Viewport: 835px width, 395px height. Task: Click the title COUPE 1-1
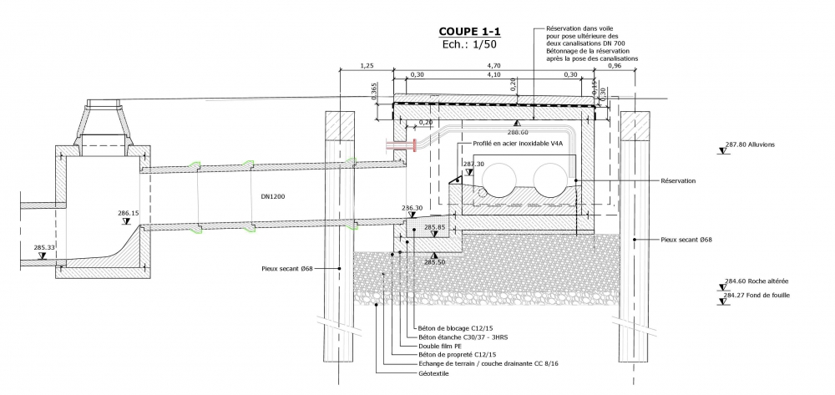click(x=469, y=32)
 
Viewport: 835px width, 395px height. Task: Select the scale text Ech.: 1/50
click(x=469, y=45)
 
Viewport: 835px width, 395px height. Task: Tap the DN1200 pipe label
click(x=274, y=198)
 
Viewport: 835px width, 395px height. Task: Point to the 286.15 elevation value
click(x=128, y=213)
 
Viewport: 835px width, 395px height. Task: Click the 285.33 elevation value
click(x=44, y=247)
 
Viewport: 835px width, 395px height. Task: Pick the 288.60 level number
click(x=519, y=132)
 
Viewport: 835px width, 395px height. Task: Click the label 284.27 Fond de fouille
click(x=757, y=295)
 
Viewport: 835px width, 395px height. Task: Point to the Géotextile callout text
click(x=433, y=373)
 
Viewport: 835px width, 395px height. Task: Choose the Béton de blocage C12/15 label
click(x=459, y=328)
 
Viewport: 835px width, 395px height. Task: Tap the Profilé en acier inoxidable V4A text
click(x=517, y=144)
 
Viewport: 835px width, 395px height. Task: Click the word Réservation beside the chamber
click(x=677, y=180)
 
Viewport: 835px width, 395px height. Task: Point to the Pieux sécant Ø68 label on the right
click(x=686, y=240)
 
